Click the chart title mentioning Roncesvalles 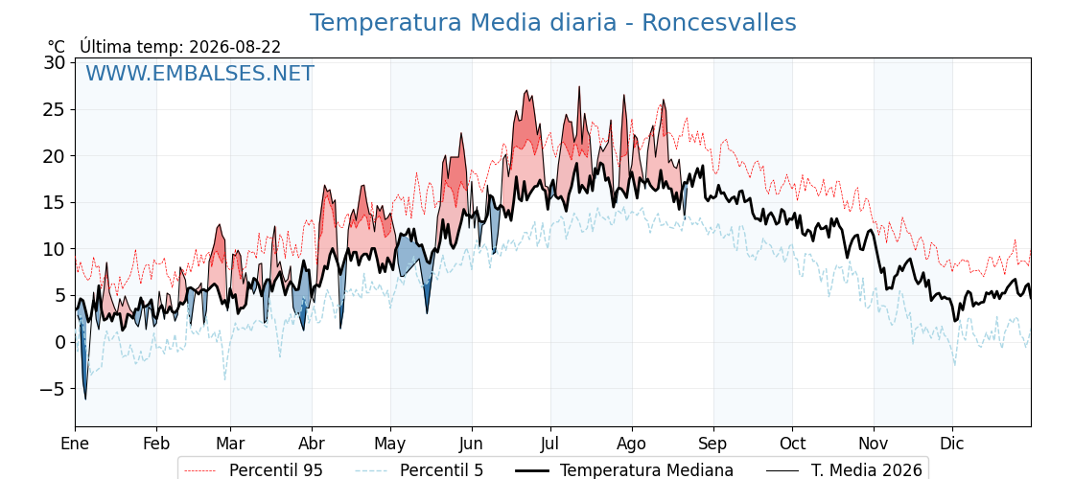[552, 23]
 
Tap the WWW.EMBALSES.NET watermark [200, 73]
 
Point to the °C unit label [57, 47]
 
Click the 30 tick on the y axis [56, 62]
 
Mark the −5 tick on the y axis [52, 389]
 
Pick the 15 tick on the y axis [56, 202]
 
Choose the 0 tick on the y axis [60, 342]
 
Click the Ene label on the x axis [76, 444]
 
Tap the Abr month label [313, 444]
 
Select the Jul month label [550, 444]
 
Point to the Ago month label [632, 444]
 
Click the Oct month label [792, 444]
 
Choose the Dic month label [952, 444]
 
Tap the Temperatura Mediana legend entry [623, 470]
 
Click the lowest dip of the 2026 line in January [85, 399]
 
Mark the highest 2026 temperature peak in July [579, 87]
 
